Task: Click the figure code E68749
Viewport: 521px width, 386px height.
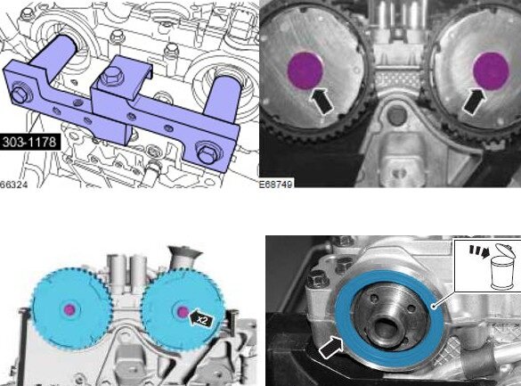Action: (278, 184)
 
